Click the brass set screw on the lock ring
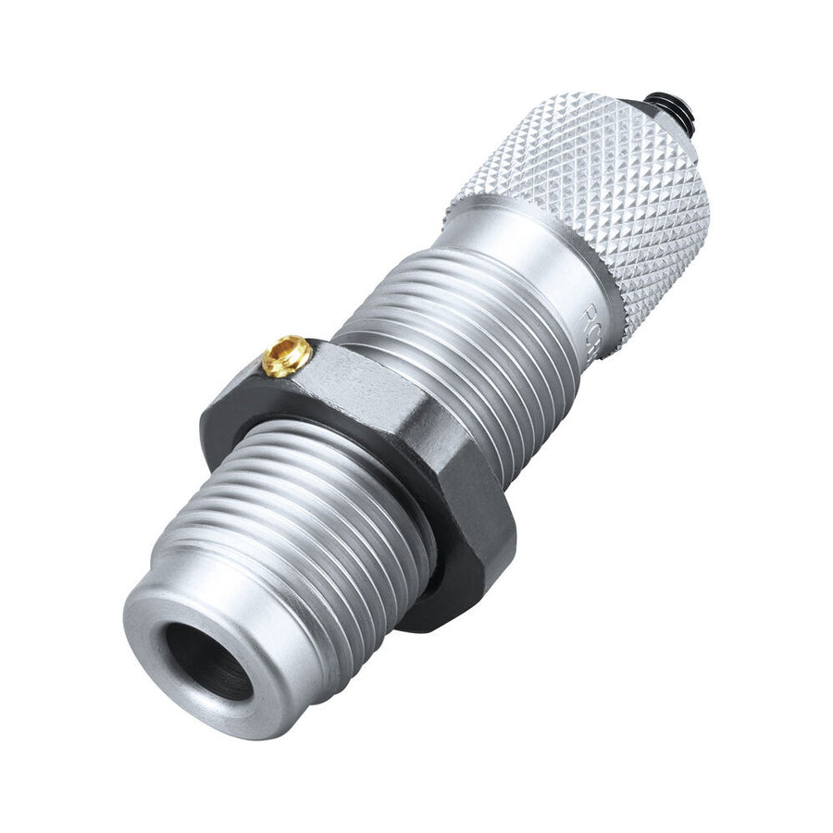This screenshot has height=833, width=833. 286,355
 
